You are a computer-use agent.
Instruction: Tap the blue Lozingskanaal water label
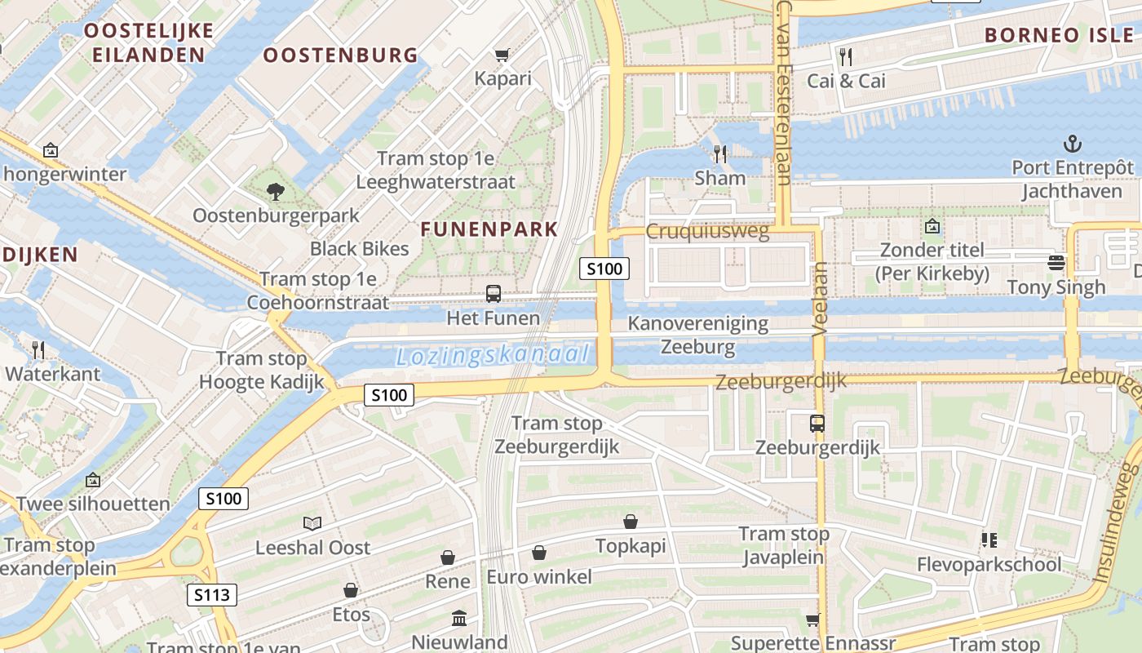tap(493, 355)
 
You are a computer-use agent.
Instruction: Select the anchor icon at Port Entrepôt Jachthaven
tap(1072, 144)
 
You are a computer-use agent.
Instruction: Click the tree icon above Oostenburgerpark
tap(276, 192)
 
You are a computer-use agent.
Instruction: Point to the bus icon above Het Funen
tap(493, 294)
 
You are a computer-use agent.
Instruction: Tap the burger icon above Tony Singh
tap(1056, 263)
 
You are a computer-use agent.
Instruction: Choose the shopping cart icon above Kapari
tap(502, 56)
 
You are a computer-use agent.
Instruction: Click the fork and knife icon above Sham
tap(719, 153)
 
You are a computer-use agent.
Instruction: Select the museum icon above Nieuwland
tap(459, 618)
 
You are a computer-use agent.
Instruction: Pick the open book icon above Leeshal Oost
tap(312, 523)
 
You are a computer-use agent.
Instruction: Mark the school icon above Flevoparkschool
tap(989, 540)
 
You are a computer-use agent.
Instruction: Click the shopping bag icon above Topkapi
tap(631, 522)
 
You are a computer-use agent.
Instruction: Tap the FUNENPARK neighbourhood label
tap(489, 229)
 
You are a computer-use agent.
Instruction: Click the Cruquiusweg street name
tap(707, 232)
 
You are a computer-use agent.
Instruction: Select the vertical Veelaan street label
tap(820, 299)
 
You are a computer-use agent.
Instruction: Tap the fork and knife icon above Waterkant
tap(38, 350)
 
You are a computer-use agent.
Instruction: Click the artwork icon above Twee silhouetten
tap(93, 480)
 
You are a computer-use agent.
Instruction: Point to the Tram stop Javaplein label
tap(784, 546)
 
